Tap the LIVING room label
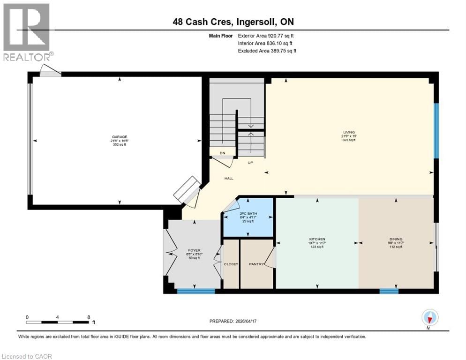349,132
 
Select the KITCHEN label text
317,239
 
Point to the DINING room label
396,239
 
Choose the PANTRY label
255,264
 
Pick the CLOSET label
231,264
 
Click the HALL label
229,178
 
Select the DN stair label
223,153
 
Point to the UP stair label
251,163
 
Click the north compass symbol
429,318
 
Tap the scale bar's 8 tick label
89,317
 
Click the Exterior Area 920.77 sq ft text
266,36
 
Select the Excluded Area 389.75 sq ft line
267,51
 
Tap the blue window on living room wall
436,131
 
